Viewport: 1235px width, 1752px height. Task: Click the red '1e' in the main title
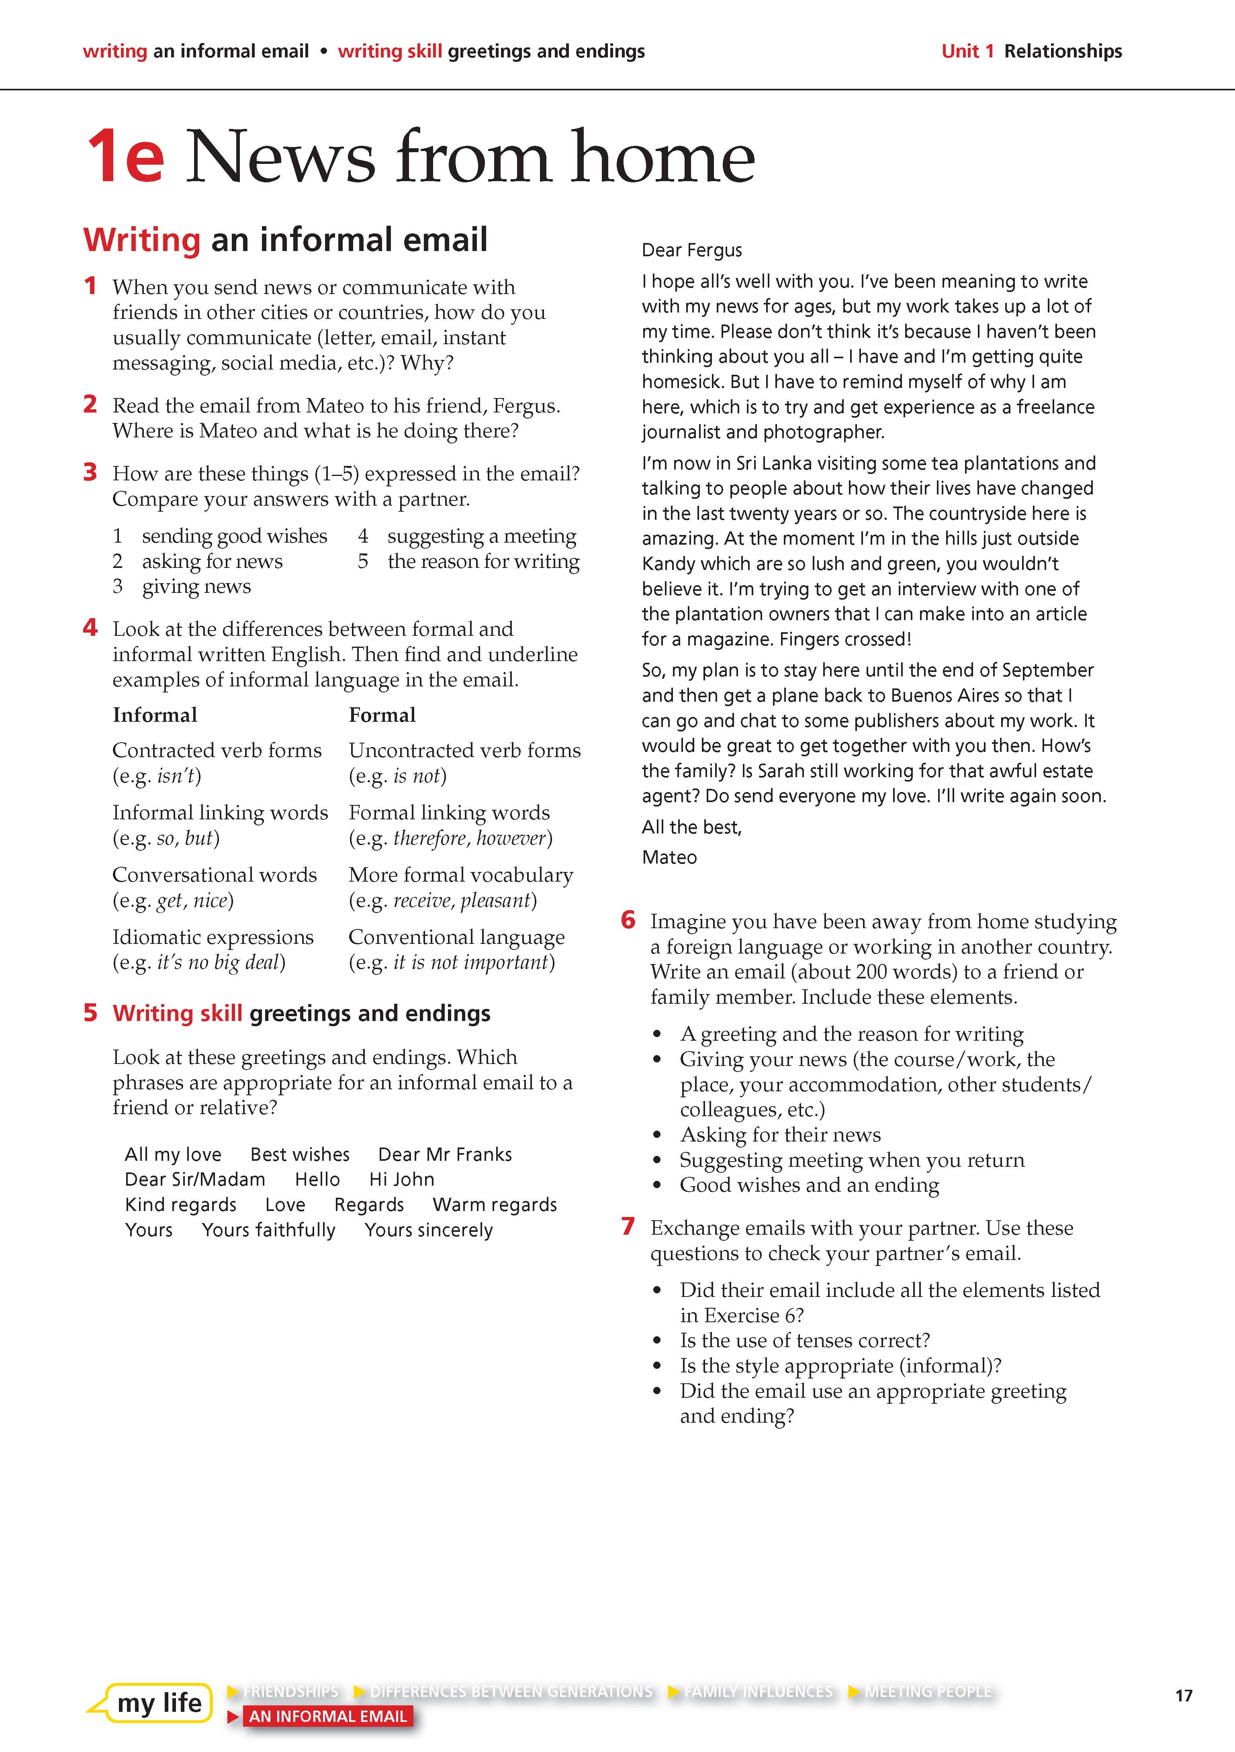pos(126,157)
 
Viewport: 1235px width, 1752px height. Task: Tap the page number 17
pos(1183,1695)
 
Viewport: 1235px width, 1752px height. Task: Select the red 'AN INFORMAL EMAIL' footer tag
pos(327,1716)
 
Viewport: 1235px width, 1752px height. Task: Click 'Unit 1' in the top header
pos(967,51)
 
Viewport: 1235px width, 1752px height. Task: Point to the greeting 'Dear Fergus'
pos(691,250)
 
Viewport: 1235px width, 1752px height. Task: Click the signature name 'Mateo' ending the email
pos(669,857)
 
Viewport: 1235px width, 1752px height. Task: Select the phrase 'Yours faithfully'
pos(269,1230)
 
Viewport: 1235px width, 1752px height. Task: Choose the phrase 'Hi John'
pos(401,1180)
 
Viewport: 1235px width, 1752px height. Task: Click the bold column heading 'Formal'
pos(382,715)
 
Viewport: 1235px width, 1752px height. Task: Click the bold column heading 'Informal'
pos(155,715)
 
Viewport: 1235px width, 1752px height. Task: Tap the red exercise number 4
pos(90,628)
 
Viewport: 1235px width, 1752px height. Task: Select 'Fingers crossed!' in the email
pos(847,639)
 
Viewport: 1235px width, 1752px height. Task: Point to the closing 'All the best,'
pos(691,827)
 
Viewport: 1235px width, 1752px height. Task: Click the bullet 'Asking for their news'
pos(780,1135)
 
